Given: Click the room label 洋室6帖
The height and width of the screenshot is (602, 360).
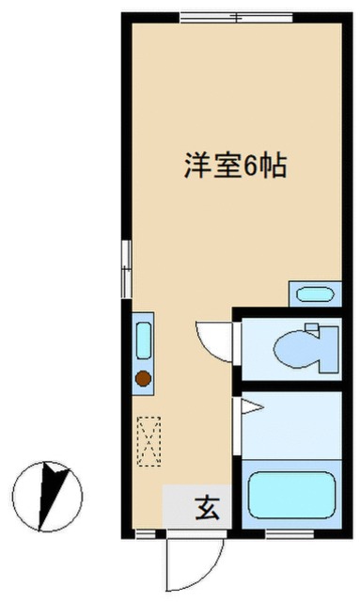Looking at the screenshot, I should (234, 168).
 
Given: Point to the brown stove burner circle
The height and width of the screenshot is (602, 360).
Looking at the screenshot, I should (143, 378).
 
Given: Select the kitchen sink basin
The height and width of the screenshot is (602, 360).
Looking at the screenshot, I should (144, 340).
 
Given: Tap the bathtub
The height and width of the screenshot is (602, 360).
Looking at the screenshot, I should (291, 496).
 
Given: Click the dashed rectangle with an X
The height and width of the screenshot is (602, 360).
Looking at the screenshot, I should (148, 442).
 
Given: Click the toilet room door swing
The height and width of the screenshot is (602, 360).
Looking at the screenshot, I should (211, 341).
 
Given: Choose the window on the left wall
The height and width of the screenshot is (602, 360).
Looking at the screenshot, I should (124, 269).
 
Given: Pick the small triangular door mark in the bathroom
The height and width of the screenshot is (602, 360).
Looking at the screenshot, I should (249, 406).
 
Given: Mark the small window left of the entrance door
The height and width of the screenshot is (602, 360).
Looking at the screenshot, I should (143, 533).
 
